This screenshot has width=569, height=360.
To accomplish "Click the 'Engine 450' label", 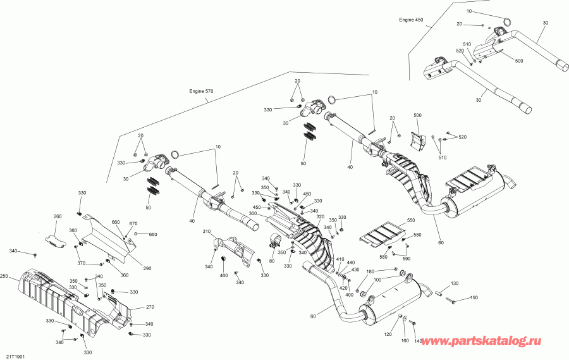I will point(410,20).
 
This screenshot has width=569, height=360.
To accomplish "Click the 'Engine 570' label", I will point(201,91).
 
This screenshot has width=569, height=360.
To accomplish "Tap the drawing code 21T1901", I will point(16,356).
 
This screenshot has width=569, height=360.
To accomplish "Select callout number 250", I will point(4,277).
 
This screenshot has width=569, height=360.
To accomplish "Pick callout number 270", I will point(149,307).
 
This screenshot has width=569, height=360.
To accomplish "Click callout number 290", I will point(147,269).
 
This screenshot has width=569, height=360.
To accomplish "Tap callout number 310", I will point(206,232).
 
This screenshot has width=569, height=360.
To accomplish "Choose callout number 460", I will point(223,275).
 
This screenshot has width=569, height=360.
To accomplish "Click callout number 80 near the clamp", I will point(272,261).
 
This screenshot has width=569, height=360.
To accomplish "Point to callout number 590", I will point(406,259).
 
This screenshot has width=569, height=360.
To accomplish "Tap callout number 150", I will point(474,299).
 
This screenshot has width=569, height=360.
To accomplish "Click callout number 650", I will point(152,235).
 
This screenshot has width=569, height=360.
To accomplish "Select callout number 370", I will point(81,263).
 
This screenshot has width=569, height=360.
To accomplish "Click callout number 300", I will point(252,214).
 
